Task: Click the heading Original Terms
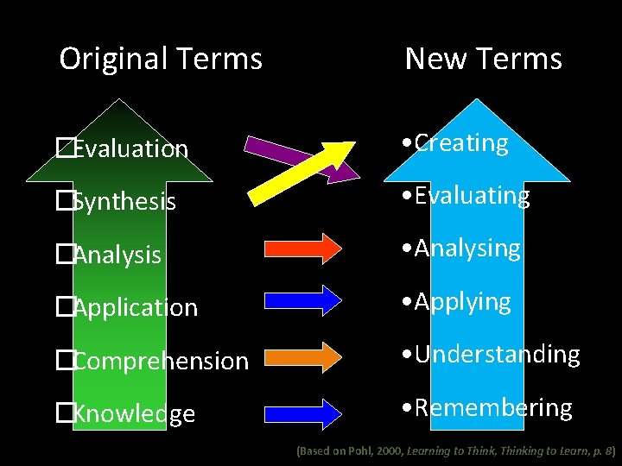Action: tap(161, 59)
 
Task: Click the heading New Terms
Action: tap(483, 59)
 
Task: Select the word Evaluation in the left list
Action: tap(130, 149)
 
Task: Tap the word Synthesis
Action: tap(124, 202)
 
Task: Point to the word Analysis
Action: tap(117, 255)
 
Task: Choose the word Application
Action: tap(136, 308)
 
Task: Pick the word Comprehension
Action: tap(161, 361)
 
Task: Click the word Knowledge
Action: tap(134, 414)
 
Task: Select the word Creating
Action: tap(461, 143)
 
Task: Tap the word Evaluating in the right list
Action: tap(472, 197)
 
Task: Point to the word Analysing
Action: tap(467, 249)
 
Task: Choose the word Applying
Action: tap(462, 303)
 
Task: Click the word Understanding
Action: tap(497, 355)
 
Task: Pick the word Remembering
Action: tap(492, 408)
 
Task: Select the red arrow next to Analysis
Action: tap(307, 247)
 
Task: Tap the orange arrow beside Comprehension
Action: tap(307, 356)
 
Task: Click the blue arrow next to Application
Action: tap(307, 299)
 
